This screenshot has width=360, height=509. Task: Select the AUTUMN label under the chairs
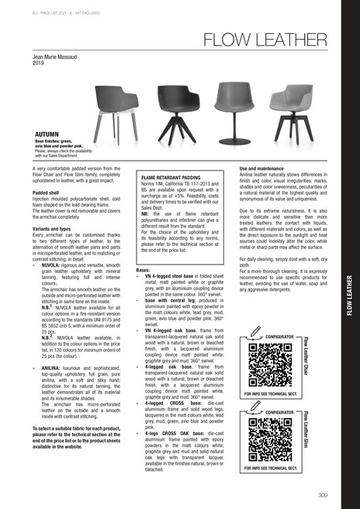tap(47, 133)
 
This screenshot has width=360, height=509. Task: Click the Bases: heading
tap(144, 269)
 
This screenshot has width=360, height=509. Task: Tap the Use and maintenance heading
tap(265, 168)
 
